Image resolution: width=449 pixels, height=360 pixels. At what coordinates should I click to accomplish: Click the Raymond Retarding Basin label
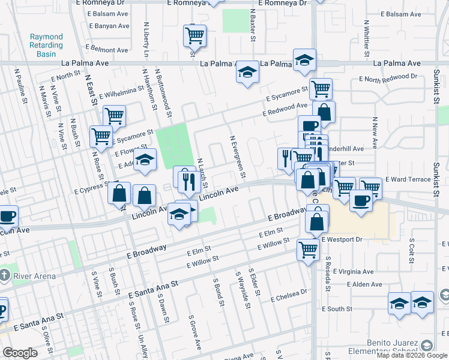pos(46,45)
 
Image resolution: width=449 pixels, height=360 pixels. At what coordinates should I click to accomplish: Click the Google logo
pos(20,353)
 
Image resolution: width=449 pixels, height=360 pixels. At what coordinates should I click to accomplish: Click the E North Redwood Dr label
pos(388,78)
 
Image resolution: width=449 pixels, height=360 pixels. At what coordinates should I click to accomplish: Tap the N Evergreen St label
pos(238,157)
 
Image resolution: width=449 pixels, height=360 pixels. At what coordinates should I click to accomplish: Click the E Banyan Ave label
pos(109,26)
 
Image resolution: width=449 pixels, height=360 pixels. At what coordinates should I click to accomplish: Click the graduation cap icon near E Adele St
pos(144,160)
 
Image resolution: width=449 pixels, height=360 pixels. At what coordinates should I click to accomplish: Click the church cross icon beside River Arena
pos(5,276)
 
